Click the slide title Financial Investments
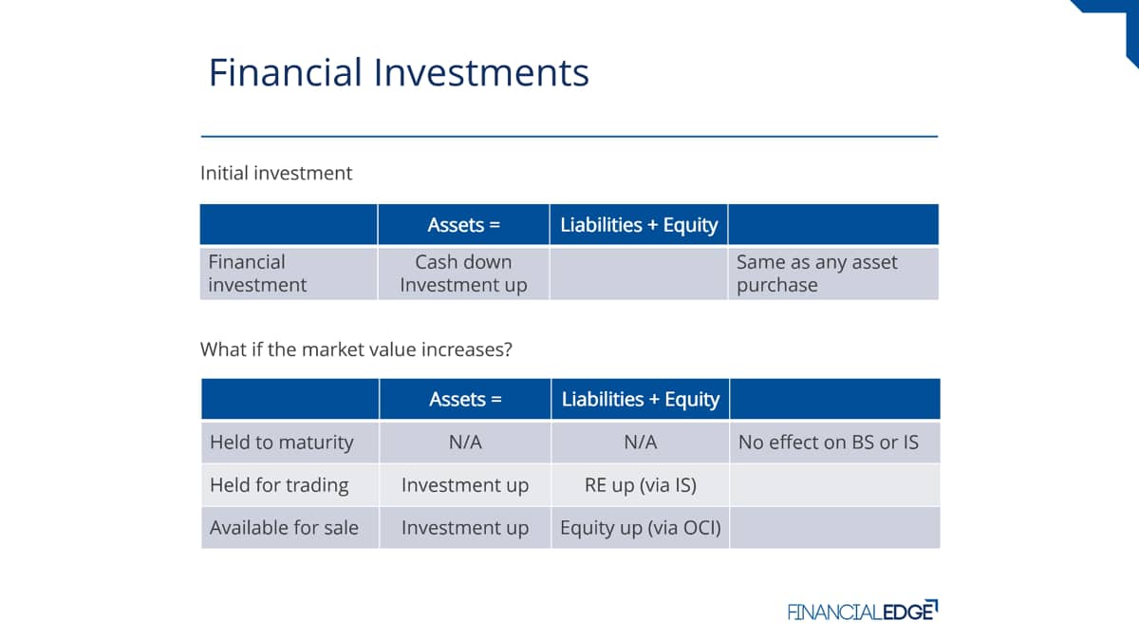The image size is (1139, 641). [399, 72]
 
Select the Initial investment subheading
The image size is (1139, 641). [276, 173]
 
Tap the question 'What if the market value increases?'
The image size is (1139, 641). [356, 349]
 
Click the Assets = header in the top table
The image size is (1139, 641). [464, 224]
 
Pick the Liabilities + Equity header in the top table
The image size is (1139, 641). [639, 225]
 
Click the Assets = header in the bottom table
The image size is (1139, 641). [465, 399]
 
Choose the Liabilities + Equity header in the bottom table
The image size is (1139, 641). [640, 400]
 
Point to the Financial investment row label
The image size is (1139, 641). [257, 273]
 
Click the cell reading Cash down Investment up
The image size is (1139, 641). [463, 273]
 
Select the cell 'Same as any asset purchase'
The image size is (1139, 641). [816, 273]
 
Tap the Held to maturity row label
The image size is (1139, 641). [281, 443]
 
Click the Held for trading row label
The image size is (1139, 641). [279, 485]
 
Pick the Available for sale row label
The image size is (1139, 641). [284, 528]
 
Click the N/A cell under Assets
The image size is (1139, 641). [465, 443]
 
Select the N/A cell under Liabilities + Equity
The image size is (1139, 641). [640, 443]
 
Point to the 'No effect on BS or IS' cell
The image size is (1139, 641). [829, 443]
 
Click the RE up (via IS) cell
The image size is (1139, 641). [640, 485]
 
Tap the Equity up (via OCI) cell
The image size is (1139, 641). [640, 528]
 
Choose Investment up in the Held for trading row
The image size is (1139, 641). [465, 485]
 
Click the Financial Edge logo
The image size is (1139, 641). [863, 611]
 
